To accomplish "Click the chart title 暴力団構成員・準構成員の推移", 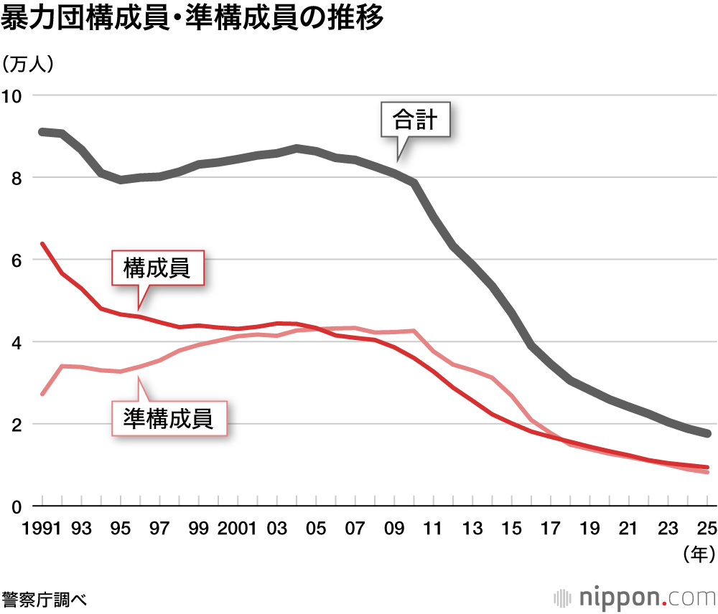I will (192, 19).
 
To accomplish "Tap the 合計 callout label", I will (416, 119).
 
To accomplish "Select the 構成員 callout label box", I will (157, 268).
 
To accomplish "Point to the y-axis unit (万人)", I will (29, 64).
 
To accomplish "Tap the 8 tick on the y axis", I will (17, 178).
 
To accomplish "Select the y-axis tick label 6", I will (17, 260).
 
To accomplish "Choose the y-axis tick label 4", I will (17, 342).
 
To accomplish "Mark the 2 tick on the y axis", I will (17, 425).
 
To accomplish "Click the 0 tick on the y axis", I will (17, 506).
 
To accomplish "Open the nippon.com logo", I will (635, 597).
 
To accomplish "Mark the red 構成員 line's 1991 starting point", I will (43, 244).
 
